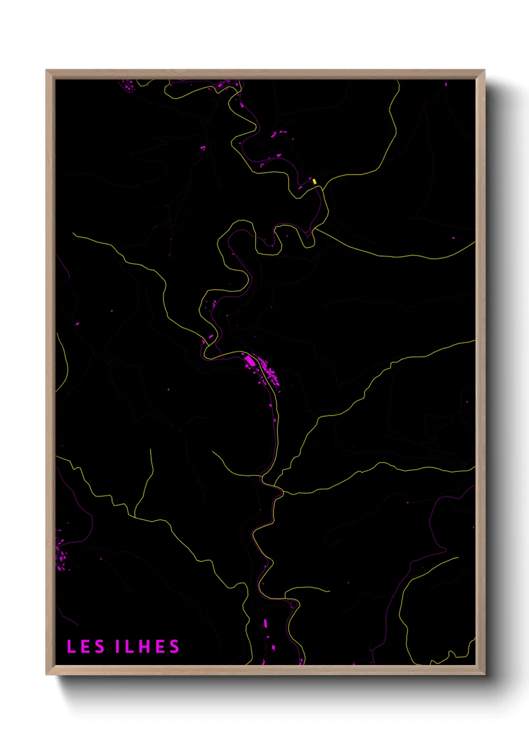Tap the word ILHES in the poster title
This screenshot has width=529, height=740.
pyautogui.click(x=147, y=646)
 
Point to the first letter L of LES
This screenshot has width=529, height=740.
pyautogui.click(x=71, y=646)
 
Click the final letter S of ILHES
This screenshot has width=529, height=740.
pyautogui.click(x=174, y=646)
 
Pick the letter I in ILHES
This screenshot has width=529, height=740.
pyautogui.click(x=118, y=646)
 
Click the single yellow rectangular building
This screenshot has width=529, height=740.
pyautogui.click(x=314, y=181)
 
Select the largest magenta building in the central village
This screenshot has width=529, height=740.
pyautogui.click(x=249, y=360)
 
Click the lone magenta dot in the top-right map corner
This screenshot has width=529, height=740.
pyautogui.click(x=446, y=84)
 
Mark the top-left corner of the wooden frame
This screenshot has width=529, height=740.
pyautogui.click(x=46, y=70)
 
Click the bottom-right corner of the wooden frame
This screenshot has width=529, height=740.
pyautogui.click(x=484, y=674)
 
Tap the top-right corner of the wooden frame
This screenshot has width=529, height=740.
pyautogui.click(x=484, y=70)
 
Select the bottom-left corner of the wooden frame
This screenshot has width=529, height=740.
pyautogui.click(x=46, y=674)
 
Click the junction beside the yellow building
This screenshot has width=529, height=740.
pyautogui.click(x=323, y=187)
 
